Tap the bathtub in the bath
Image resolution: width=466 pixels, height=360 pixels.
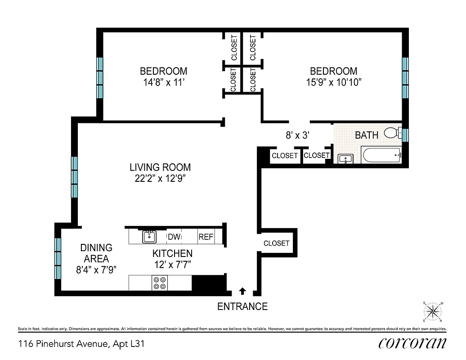[x=381, y=156]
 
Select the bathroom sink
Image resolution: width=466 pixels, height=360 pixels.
[x=345, y=159]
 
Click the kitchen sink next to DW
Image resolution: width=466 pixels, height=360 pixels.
[x=149, y=236]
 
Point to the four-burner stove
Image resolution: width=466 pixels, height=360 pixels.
[x=159, y=283]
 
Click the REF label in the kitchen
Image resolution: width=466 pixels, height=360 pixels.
[x=206, y=237]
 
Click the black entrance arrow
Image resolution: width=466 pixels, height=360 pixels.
[x=243, y=291]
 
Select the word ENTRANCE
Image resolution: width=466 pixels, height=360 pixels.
[x=242, y=307]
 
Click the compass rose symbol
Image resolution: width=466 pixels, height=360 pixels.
[x=433, y=311]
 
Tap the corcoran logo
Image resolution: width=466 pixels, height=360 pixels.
[x=412, y=343]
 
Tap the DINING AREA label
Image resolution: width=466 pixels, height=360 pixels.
[x=96, y=253]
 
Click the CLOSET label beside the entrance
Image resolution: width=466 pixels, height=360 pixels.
[x=276, y=243]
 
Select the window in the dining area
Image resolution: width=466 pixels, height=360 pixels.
[x=58, y=258]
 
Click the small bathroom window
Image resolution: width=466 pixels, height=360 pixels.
[x=405, y=135]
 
